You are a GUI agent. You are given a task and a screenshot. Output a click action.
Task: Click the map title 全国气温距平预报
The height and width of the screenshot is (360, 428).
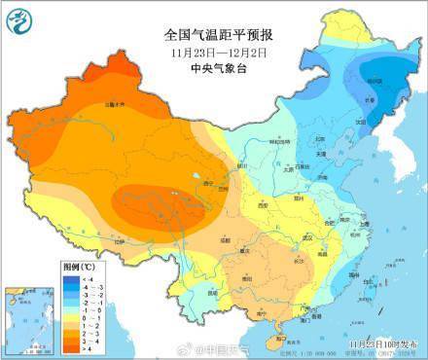[x=215, y=32]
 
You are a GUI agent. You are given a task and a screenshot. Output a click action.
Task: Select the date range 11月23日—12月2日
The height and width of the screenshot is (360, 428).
[x=215, y=50]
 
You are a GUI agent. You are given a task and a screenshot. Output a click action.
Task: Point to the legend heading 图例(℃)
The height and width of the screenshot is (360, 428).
[x=79, y=265]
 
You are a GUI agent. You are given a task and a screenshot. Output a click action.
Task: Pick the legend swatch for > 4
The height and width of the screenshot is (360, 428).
[x=71, y=346]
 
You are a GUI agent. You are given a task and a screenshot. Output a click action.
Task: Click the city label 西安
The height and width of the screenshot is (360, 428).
[x=261, y=206]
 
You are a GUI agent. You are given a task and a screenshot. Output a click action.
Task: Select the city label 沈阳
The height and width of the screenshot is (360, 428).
[x=362, y=122]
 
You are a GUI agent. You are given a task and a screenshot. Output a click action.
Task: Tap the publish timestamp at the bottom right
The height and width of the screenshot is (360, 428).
[x=383, y=343]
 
